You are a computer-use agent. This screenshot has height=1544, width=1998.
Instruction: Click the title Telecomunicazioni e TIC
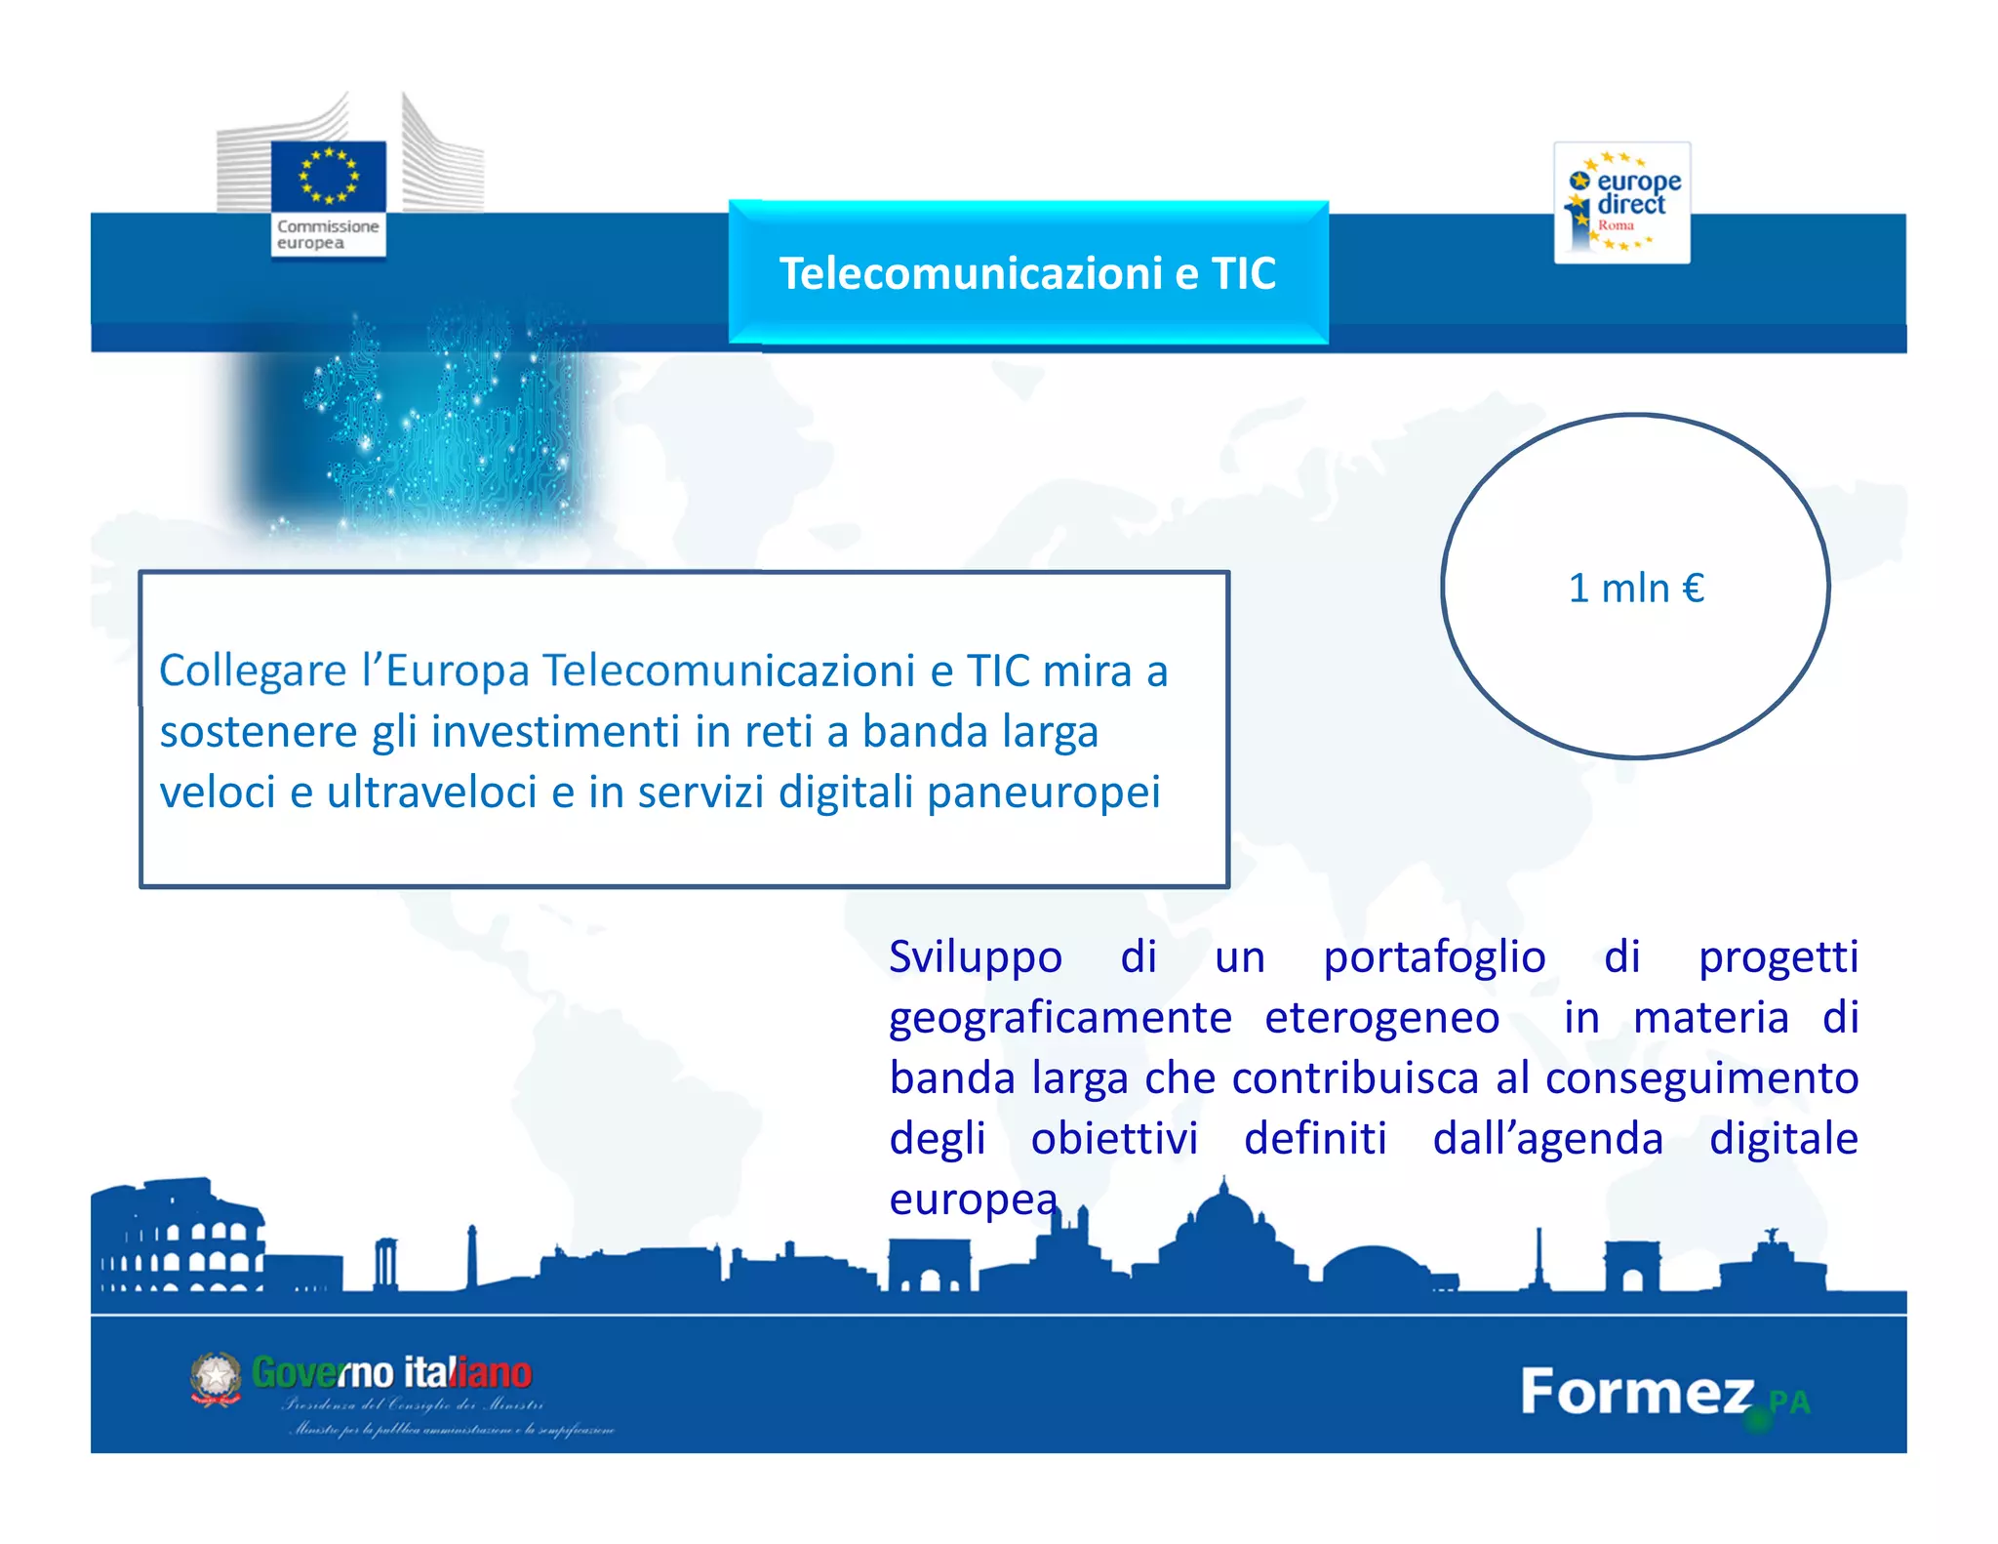pos(1027,273)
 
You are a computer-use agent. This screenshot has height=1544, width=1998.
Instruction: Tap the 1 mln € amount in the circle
pos(1636,589)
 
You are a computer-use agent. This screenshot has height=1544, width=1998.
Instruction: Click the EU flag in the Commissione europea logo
pos(329,176)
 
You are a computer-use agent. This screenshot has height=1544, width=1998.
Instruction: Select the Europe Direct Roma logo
pos(1621,203)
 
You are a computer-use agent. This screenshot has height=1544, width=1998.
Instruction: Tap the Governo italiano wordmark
pos(392,1372)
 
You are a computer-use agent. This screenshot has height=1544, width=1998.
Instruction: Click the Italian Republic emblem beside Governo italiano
pos(216,1378)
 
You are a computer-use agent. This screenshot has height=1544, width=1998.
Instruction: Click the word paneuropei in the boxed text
pos(1044,792)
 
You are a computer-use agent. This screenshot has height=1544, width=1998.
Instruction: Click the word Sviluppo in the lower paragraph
pos(975,957)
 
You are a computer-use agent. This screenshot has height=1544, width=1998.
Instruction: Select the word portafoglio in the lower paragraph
pos(1434,957)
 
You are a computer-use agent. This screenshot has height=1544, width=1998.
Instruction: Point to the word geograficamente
pos(1060,1018)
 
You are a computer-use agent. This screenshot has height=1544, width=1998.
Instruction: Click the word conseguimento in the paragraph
pos(1701,1078)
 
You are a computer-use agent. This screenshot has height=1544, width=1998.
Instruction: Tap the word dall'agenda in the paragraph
pos(1547,1139)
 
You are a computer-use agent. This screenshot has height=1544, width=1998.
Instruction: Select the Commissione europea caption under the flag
pos(327,234)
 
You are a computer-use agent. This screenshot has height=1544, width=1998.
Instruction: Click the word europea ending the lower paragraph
pos(973,1199)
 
